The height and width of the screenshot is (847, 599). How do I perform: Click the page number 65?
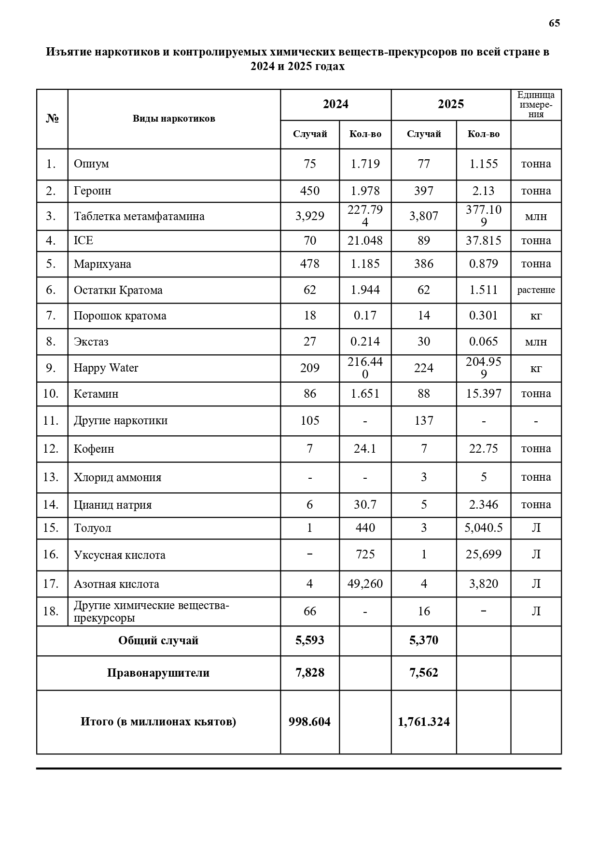[554, 23]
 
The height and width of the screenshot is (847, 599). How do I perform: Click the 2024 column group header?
[335, 104]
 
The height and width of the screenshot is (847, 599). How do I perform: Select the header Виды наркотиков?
[174, 119]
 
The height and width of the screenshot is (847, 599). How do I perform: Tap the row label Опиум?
[91, 164]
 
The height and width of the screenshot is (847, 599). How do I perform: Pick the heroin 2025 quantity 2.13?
[483, 191]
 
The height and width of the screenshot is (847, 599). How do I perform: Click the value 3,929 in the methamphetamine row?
[309, 216]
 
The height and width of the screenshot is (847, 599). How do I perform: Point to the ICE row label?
[84, 240]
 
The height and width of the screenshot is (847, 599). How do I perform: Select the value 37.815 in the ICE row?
[483, 240]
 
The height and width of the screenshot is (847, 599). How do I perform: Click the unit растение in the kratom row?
[536, 290]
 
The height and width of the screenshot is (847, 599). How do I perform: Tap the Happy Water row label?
[106, 368]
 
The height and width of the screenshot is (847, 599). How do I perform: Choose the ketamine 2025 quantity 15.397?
[483, 394]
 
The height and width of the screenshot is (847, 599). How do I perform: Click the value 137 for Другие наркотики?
[423, 421]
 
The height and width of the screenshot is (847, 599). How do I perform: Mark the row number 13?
[51, 477]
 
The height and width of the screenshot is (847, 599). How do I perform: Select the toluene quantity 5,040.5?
[483, 528]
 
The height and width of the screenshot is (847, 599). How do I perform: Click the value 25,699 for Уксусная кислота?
[483, 555]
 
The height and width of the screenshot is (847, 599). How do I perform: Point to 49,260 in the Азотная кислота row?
[365, 584]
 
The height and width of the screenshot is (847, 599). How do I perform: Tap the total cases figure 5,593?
[309, 640]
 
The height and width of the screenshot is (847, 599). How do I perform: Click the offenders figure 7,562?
[423, 673]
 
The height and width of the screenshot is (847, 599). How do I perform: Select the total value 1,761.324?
[423, 722]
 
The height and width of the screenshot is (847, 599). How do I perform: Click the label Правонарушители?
[158, 673]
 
